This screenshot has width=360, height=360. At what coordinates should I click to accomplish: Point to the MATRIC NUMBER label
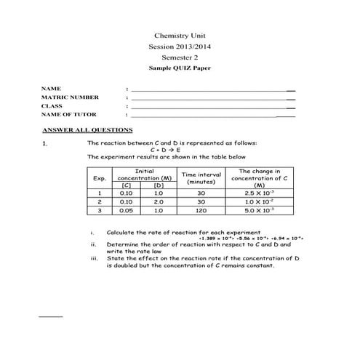(71, 97)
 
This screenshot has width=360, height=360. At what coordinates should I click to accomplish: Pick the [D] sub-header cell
(158, 185)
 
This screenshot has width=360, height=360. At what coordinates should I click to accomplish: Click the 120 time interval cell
(201, 210)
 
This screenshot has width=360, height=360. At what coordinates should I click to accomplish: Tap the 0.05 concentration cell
(127, 210)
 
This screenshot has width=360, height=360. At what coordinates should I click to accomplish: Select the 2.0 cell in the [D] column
(158, 201)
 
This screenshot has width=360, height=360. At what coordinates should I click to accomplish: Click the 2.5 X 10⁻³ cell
(260, 193)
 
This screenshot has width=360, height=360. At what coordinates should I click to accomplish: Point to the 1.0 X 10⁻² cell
(260, 201)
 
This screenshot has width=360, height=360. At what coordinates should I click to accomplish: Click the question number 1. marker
(45, 144)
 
